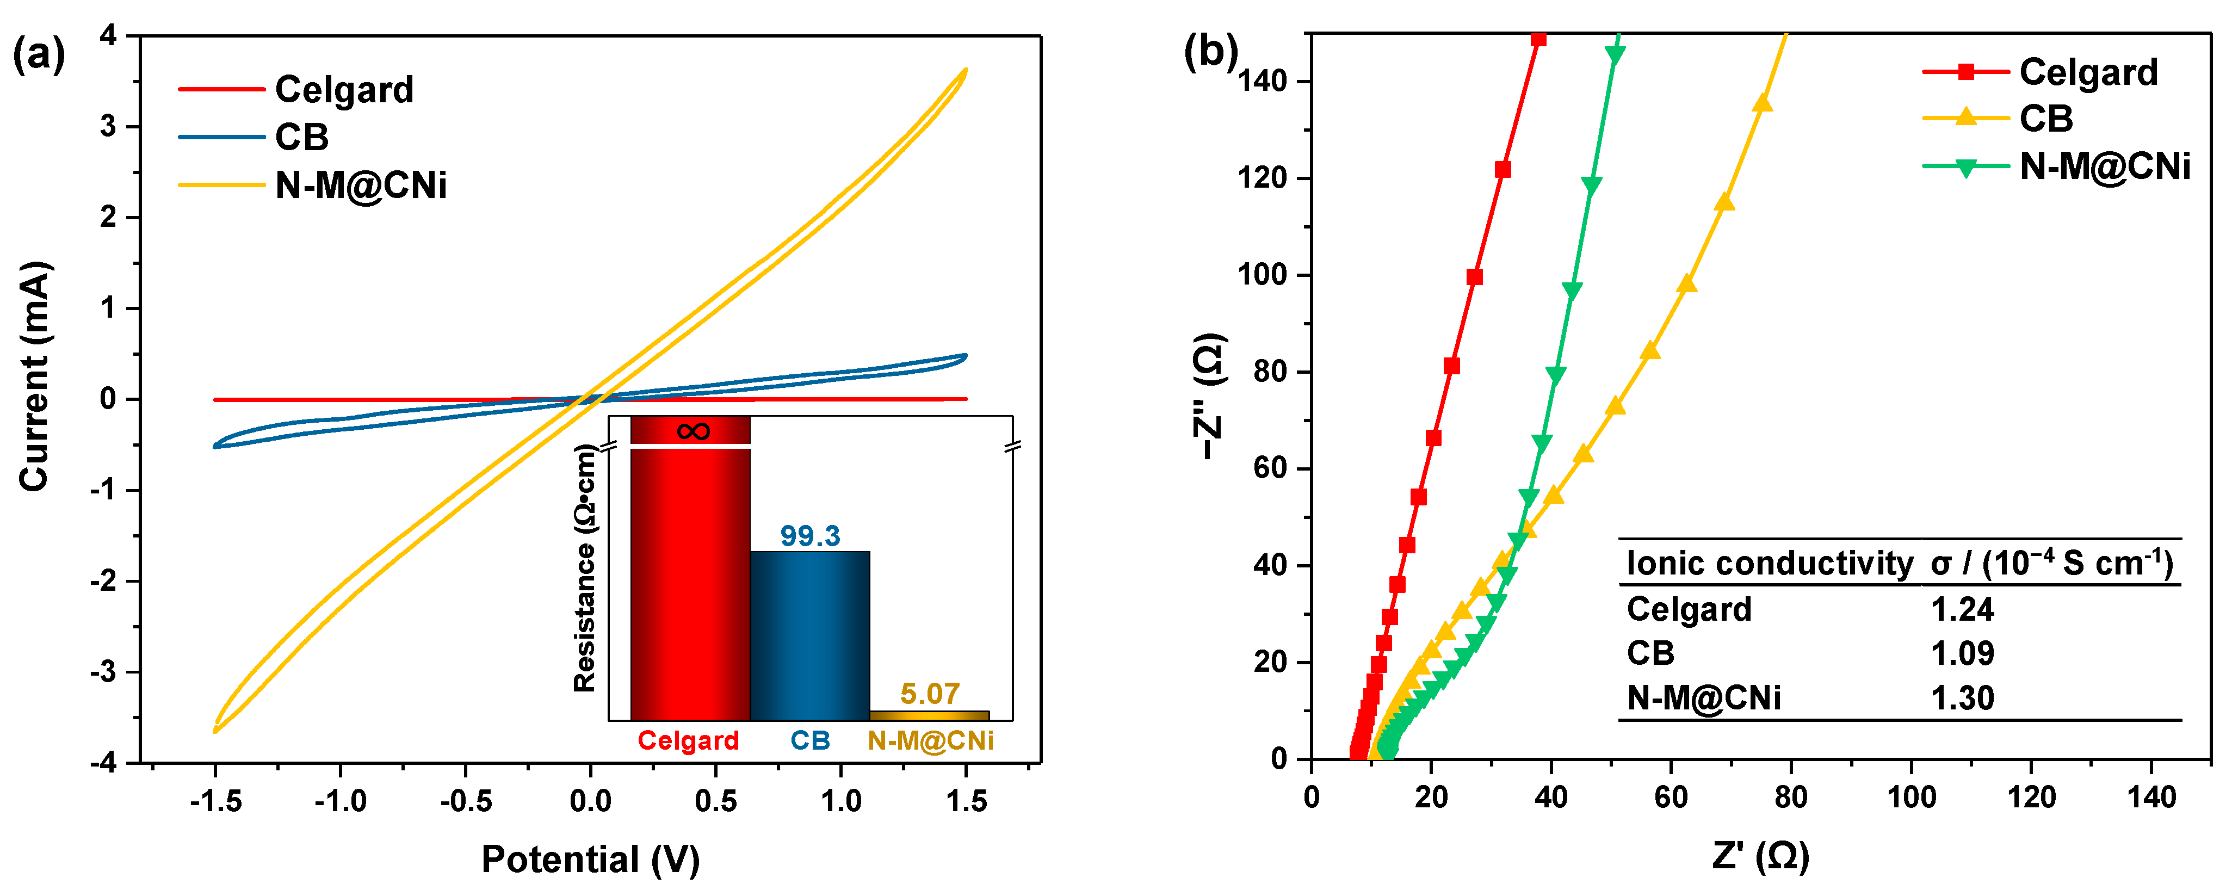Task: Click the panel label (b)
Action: click(x=1210, y=52)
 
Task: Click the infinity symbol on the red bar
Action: click(x=693, y=431)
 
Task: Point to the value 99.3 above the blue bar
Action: click(x=809, y=535)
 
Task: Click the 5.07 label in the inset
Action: click(x=929, y=693)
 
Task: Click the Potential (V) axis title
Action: click(x=590, y=860)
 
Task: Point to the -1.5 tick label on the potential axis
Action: click(x=216, y=801)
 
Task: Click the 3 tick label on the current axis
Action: click(x=108, y=127)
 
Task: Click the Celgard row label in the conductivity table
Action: click(x=1689, y=609)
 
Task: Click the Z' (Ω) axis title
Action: click(x=1761, y=856)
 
